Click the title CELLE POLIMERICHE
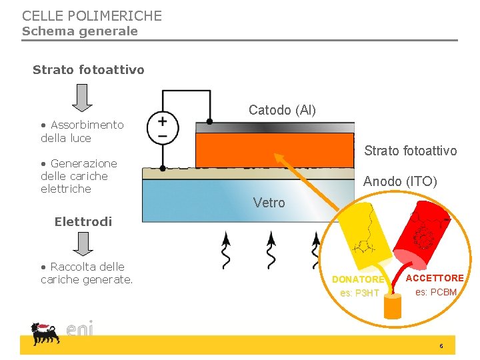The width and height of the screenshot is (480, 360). pos(92,15)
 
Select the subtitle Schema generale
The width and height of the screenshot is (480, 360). pos(80,31)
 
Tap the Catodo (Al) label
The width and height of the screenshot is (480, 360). pos(282,110)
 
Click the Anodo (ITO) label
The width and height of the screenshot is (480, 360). pos(400,181)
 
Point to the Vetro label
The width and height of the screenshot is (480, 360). pos(269,203)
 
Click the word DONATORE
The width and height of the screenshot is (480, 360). pos(358,280)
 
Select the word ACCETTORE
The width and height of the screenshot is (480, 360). pos(435,278)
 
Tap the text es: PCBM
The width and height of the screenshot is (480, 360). pos(436,292)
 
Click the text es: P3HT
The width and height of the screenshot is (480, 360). pos(359,293)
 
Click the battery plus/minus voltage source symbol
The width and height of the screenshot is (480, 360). pos(162,127)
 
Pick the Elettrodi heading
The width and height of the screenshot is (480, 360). pos(83,222)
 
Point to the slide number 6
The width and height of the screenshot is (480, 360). pos(441,346)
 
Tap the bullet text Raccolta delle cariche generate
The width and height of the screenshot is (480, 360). pos(87,273)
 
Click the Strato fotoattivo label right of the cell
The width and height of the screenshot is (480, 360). pos(411,151)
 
